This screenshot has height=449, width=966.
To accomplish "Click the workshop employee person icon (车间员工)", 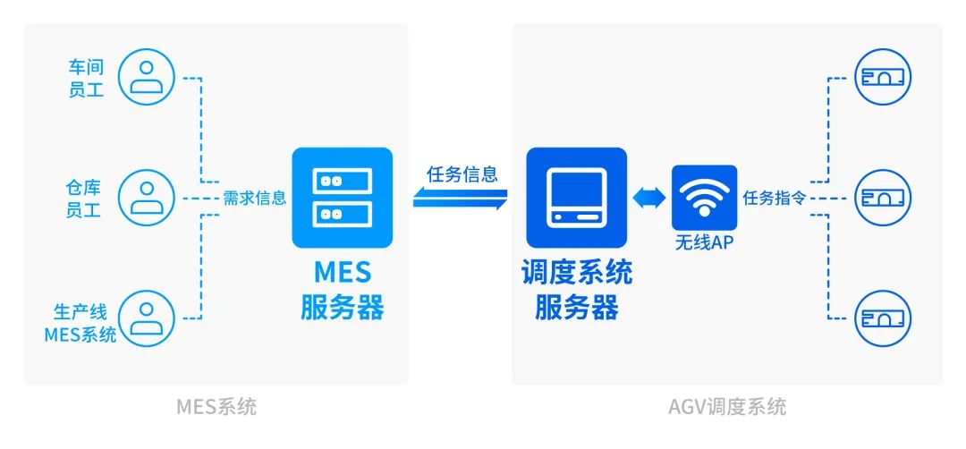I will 146,78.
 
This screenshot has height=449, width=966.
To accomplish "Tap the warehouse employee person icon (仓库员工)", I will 146,198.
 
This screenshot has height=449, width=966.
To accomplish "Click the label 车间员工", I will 87,79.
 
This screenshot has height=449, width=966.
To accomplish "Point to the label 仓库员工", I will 87,199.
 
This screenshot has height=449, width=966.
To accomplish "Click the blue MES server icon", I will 343,198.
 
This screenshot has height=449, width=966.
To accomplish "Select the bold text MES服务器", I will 343,289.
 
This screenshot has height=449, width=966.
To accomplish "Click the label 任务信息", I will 462,174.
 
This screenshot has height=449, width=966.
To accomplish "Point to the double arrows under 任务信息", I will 461,199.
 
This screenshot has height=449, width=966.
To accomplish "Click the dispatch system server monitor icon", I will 576,198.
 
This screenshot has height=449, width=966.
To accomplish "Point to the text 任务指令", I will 775,199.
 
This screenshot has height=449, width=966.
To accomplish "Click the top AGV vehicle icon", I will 883,78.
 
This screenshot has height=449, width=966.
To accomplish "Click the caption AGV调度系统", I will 727,407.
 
